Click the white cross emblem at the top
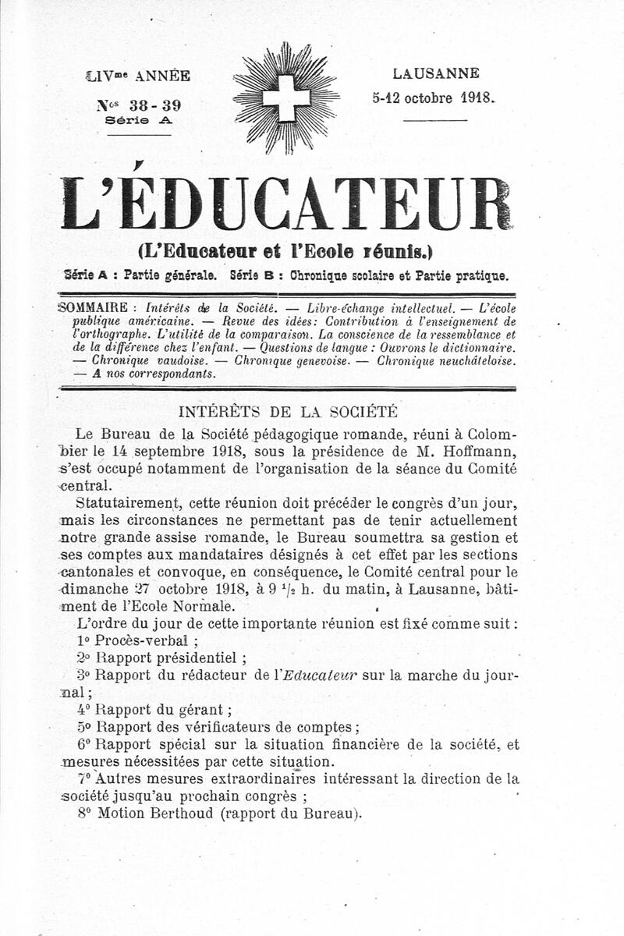(285, 98)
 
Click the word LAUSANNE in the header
(436, 74)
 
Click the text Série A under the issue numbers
(138, 121)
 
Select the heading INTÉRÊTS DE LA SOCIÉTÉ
(288, 411)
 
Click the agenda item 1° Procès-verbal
(136, 642)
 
